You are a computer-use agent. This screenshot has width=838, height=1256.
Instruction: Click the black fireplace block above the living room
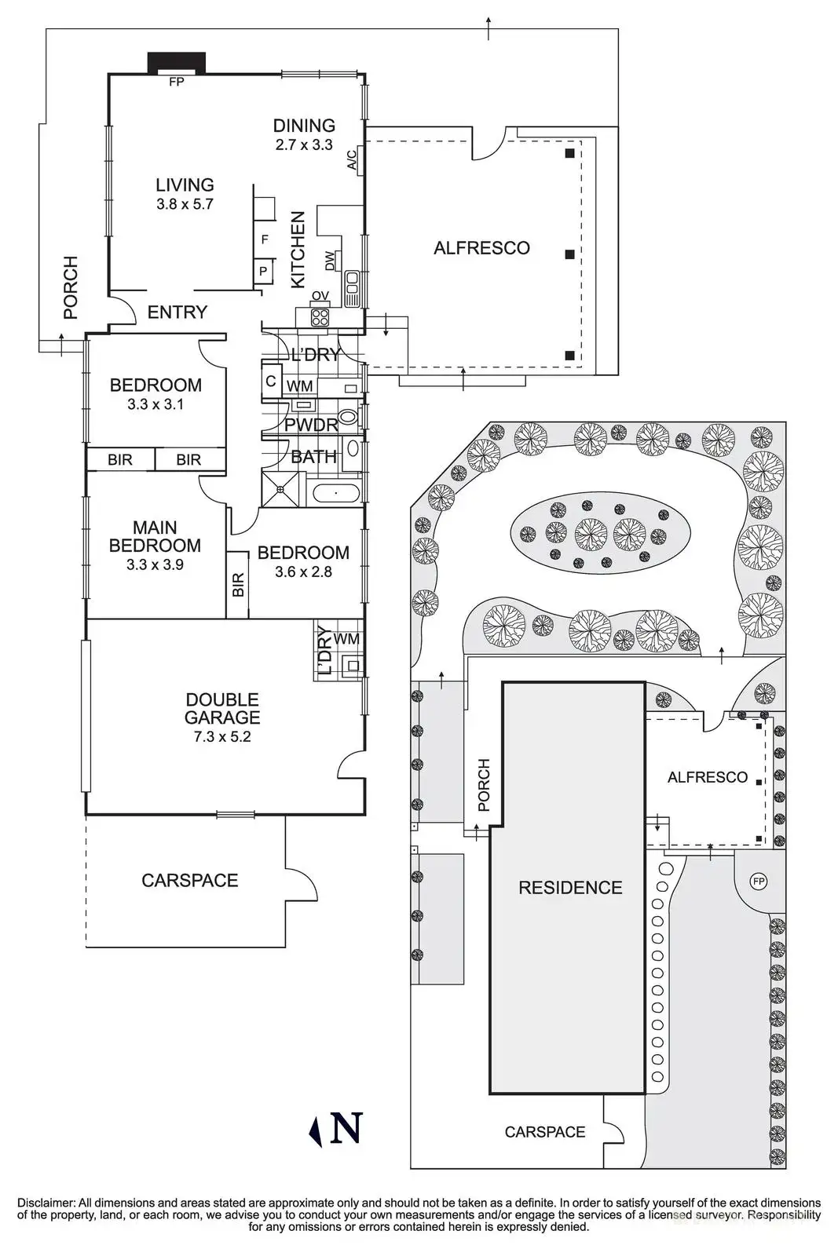coord(177,62)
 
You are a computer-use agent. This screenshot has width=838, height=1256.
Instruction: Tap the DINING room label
coord(304,125)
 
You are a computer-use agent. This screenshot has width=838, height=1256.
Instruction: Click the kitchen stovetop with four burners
coord(320,317)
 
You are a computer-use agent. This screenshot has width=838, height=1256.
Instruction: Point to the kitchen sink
coord(352,287)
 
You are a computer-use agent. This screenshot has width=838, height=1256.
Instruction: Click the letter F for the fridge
coord(265,239)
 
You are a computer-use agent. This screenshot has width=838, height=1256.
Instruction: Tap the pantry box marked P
coord(263,272)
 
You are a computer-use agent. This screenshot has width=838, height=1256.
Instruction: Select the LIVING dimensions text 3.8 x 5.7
coord(185,204)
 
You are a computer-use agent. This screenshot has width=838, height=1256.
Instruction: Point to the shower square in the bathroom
coord(280,488)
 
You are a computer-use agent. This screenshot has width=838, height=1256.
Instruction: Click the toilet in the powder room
coord(349,417)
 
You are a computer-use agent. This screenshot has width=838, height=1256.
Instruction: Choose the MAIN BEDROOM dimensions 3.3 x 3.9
coord(155,564)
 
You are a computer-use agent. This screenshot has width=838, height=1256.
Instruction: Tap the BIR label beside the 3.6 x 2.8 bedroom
coord(238,584)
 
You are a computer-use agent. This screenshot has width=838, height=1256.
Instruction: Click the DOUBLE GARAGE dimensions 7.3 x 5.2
coord(222,737)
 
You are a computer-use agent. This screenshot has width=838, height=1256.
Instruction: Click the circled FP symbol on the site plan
coord(759,882)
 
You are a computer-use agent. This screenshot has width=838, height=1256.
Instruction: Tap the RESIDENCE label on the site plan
coord(570,888)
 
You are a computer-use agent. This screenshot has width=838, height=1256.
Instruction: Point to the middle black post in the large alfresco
coord(569,254)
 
